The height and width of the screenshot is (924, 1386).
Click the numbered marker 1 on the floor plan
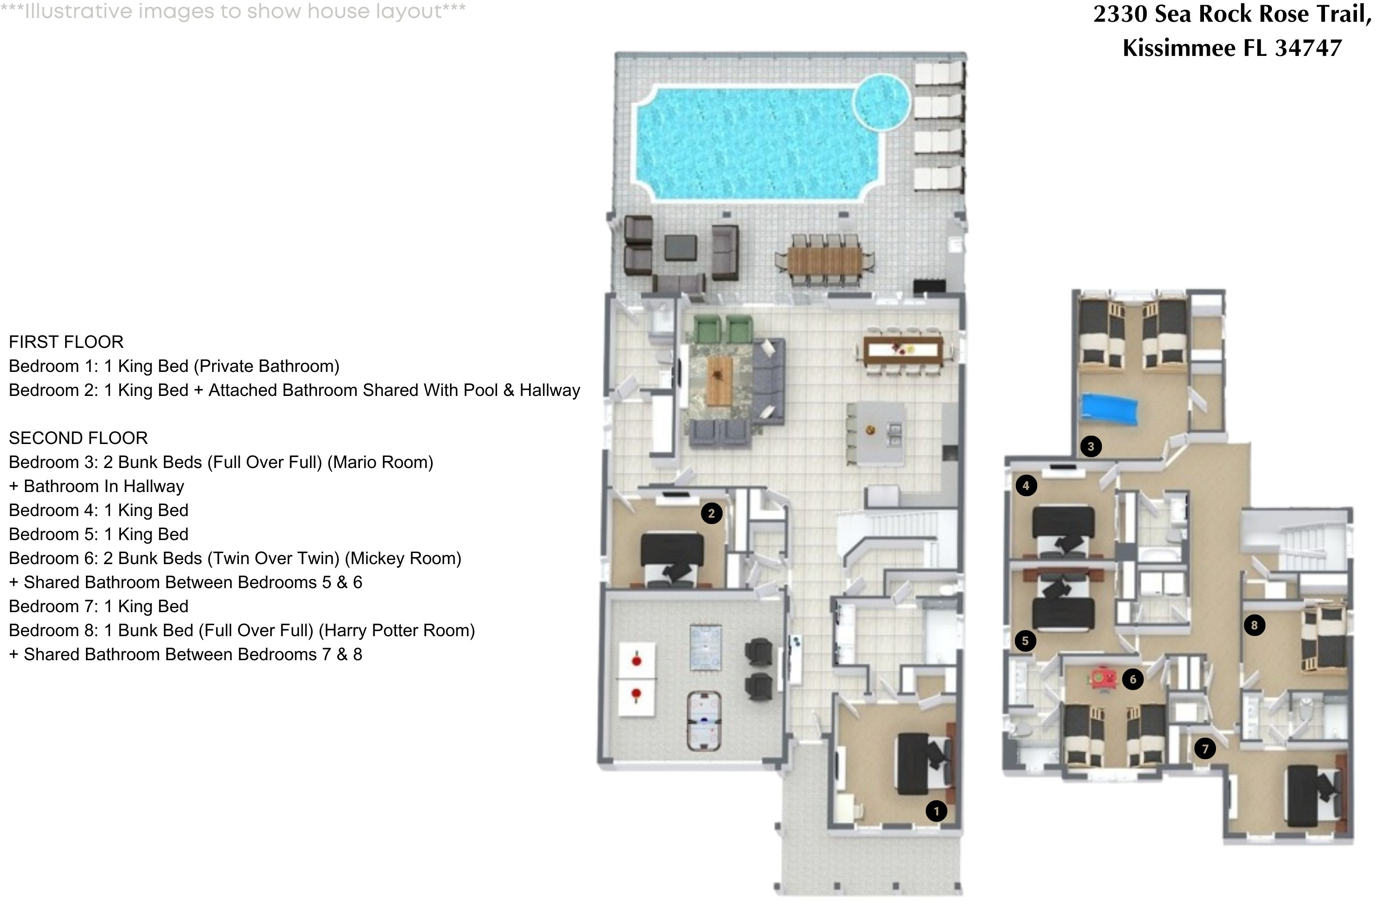(x=936, y=811)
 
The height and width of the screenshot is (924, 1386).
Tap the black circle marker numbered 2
(x=711, y=513)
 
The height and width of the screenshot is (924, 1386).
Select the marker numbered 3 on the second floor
(x=1091, y=447)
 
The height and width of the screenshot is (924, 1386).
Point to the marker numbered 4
(x=1026, y=486)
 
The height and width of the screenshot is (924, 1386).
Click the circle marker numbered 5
(x=1025, y=640)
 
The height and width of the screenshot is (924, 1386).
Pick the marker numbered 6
(x=1133, y=680)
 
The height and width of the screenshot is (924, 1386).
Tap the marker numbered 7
(x=1205, y=749)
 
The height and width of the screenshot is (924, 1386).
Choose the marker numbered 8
(x=1254, y=625)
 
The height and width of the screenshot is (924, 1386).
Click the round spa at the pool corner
(x=881, y=102)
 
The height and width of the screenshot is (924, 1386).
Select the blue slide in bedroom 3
(x=1108, y=409)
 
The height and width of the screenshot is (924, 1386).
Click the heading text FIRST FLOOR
(x=66, y=342)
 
